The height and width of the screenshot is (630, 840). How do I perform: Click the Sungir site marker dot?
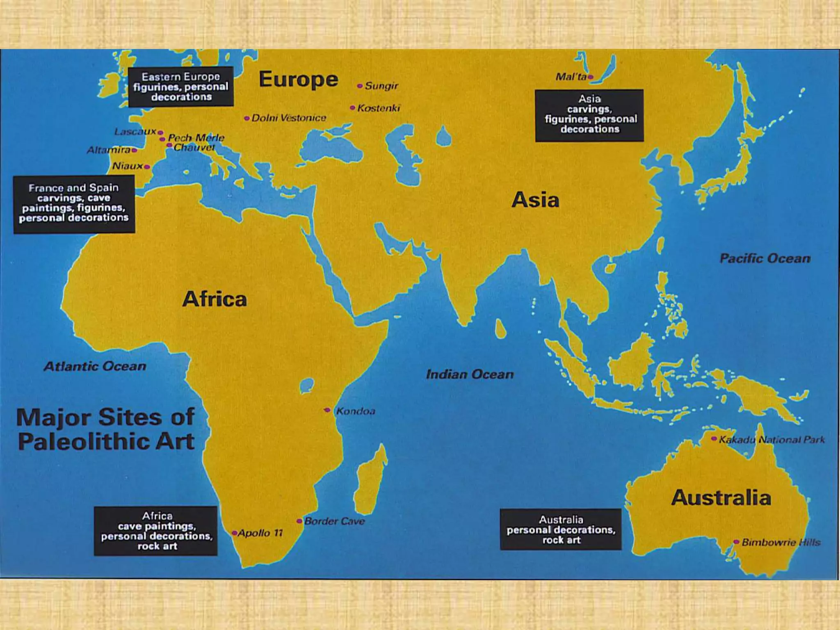(360, 86)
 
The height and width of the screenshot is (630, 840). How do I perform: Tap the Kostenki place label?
(378, 108)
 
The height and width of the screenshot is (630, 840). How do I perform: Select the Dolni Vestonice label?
(289, 118)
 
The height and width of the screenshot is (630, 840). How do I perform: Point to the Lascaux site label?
(135, 132)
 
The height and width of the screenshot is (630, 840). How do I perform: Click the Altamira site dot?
(134, 150)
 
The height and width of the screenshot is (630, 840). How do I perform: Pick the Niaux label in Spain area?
(128, 166)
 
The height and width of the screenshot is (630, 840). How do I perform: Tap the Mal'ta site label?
(571, 77)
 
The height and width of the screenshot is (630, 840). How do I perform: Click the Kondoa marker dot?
(327, 410)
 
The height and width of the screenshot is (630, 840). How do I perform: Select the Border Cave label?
(334, 521)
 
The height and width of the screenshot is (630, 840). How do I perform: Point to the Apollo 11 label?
(260, 533)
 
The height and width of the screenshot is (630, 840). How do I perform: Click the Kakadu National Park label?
(772, 440)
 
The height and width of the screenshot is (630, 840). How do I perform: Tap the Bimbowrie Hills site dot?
(736, 542)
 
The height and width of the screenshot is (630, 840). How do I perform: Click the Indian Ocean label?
(470, 374)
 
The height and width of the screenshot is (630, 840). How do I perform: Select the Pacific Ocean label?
(765, 258)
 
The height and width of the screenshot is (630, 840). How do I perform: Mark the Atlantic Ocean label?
(95, 366)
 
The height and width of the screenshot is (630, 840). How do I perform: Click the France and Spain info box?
(74, 204)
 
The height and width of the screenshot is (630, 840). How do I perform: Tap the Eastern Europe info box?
(181, 87)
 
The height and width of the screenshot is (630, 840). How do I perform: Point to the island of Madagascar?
(371, 480)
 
